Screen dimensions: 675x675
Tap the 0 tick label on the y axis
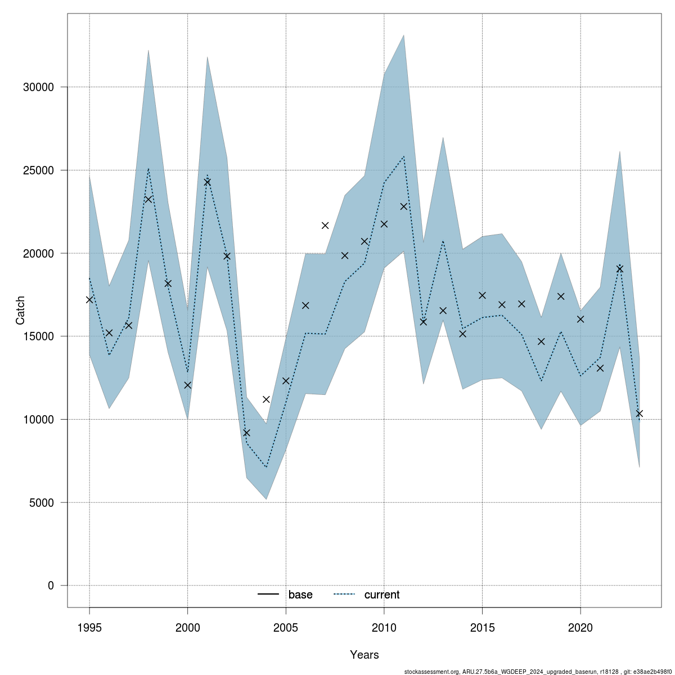(51, 586)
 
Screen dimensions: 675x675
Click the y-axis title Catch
(20, 310)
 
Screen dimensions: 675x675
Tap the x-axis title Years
(364, 655)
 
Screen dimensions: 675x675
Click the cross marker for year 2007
(325, 226)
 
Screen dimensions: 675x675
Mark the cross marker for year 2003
(246, 433)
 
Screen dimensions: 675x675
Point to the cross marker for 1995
(89, 300)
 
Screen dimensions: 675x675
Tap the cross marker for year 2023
(639, 413)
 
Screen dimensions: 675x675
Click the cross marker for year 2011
(404, 206)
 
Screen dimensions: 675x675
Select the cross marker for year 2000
(188, 385)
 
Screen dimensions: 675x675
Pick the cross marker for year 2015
(482, 295)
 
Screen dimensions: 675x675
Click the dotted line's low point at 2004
(266, 467)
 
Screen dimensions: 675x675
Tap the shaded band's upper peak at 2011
(404, 35)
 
